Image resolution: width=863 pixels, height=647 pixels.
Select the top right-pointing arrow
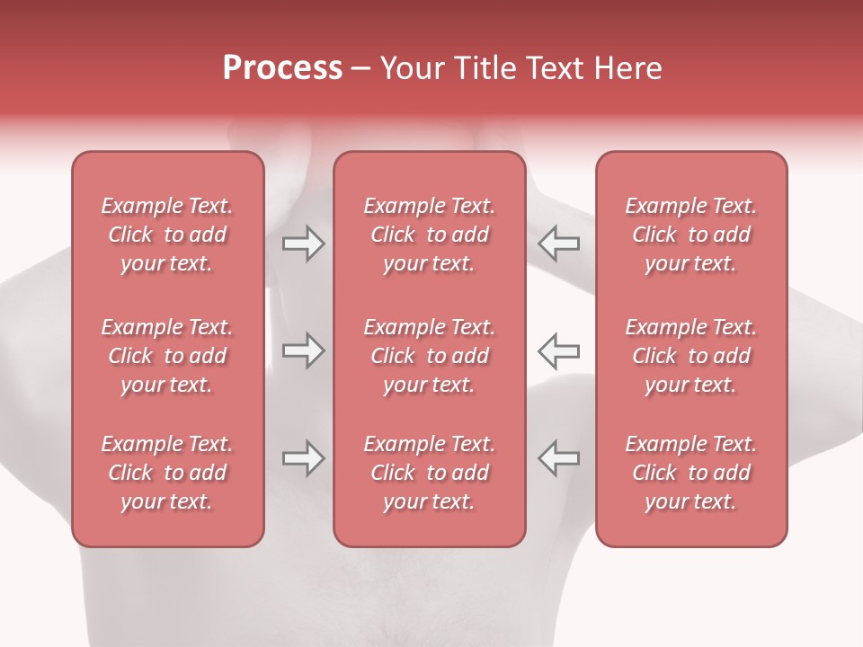(x=303, y=244)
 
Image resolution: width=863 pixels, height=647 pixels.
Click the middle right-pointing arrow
(x=303, y=350)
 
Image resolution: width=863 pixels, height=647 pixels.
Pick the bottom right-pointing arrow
(x=303, y=458)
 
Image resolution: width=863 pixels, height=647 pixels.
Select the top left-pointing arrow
(x=558, y=244)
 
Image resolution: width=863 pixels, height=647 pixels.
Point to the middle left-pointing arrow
(x=558, y=350)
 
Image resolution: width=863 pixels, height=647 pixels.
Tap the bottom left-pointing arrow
(x=558, y=458)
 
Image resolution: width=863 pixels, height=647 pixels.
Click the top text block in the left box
(x=167, y=235)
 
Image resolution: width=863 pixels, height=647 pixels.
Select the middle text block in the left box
(x=167, y=356)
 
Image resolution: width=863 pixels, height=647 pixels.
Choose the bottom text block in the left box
(x=167, y=473)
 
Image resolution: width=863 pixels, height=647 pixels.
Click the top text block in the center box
(x=429, y=235)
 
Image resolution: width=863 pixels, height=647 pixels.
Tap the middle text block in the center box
(x=429, y=356)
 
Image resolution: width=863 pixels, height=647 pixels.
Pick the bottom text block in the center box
(x=429, y=473)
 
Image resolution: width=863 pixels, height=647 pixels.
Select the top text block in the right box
(x=690, y=235)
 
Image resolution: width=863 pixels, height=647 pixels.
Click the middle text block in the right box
(x=690, y=356)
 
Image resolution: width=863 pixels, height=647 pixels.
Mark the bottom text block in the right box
(x=690, y=473)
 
